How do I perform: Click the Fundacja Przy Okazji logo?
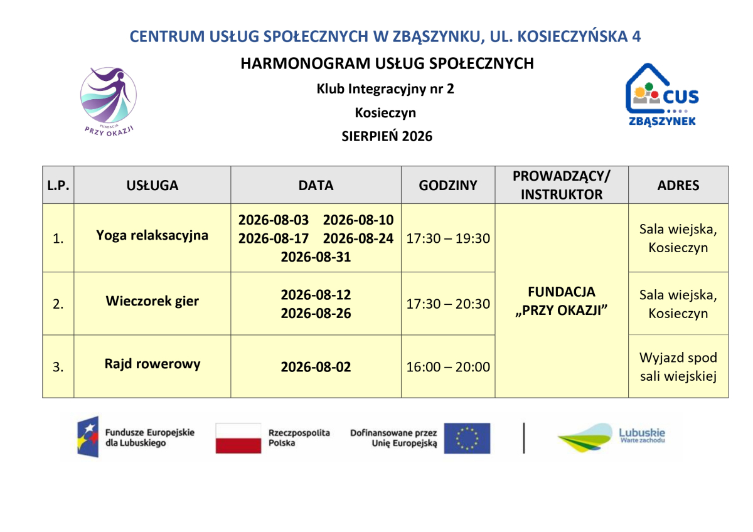pyautogui.click(x=108, y=102)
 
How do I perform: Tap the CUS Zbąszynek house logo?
pyautogui.click(x=662, y=95)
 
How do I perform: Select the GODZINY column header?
pyautogui.click(x=448, y=185)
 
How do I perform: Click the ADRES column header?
pyautogui.click(x=678, y=185)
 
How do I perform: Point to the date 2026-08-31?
pyautogui.click(x=316, y=257)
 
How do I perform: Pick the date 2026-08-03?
pyautogui.click(x=274, y=220)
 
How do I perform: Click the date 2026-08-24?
pyautogui.click(x=358, y=238)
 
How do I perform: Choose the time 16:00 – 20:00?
pyautogui.click(x=448, y=366)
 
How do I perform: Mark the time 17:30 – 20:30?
pyautogui.click(x=448, y=304)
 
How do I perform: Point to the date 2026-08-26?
pyautogui.click(x=316, y=313)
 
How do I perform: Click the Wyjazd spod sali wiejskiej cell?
pyautogui.click(x=678, y=366)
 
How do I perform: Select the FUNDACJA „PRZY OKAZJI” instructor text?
pyautogui.click(x=562, y=301)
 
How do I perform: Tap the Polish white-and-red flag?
pyautogui.click(x=238, y=439)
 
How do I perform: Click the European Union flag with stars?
pyautogui.click(x=467, y=439)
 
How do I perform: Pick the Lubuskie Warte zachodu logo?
pyautogui.click(x=611, y=437)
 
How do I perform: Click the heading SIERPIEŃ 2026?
pyautogui.click(x=387, y=136)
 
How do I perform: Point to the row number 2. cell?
pyautogui.click(x=58, y=304)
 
